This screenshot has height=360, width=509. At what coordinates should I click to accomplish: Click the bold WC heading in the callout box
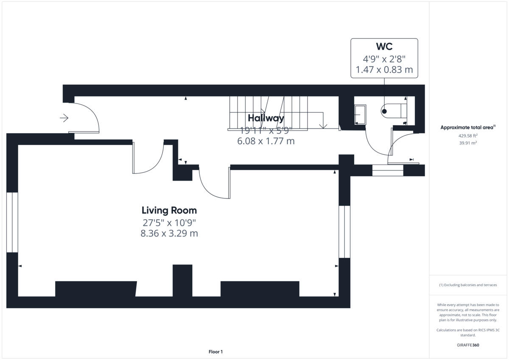coord(384,46)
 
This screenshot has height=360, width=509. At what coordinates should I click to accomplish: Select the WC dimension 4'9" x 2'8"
coord(384,59)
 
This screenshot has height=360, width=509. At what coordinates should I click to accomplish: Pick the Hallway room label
coord(266,118)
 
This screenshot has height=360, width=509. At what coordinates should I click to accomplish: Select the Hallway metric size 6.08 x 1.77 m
coord(266,141)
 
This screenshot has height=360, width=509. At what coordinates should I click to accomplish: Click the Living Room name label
coord(169,210)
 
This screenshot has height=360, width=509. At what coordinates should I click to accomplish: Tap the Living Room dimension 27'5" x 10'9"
coord(169,222)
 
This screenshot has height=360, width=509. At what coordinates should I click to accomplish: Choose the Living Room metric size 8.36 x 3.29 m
coord(169,233)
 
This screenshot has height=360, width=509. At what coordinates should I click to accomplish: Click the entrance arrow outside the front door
coord(64,118)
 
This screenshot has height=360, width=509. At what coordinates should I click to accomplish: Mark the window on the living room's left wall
coord(12,222)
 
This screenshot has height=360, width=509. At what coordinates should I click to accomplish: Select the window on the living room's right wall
coord(344,232)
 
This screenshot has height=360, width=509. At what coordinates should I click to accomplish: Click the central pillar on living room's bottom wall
coord(182,281)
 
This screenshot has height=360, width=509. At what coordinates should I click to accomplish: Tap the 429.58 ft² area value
coord(468,136)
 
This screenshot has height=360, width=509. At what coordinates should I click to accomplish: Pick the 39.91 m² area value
coord(468,143)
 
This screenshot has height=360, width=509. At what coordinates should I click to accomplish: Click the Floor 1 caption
coord(215,352)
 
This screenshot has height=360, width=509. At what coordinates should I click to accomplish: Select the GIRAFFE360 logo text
coord(468,345)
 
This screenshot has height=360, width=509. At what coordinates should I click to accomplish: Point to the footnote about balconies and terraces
coord(468,285)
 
